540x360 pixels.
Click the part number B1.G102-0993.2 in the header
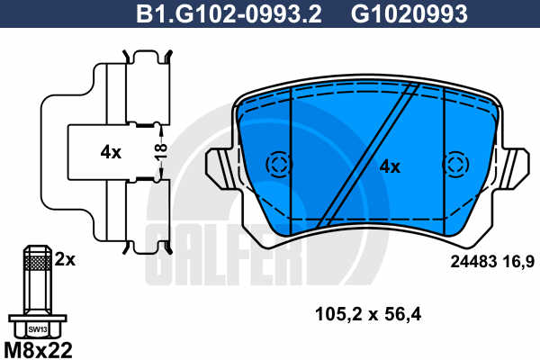[229, 13]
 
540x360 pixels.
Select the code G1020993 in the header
[409, 13]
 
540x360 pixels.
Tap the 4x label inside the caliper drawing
[111, 152]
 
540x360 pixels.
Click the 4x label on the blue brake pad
[390, 167]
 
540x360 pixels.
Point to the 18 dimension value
[161, 152]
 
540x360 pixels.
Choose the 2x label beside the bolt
[65, 259]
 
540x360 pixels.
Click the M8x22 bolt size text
[38, 350]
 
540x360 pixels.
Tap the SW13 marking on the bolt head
[38, 329]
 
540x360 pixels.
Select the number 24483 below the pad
[473, 262]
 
